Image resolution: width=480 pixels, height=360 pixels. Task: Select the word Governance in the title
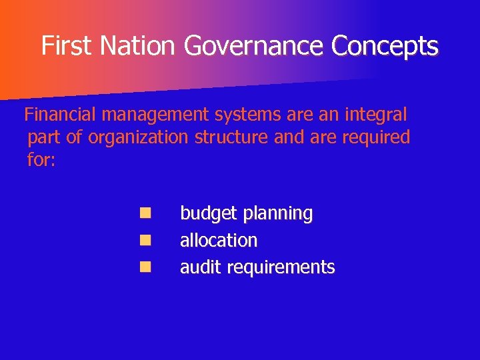pyautogui.click(x=256, y=46)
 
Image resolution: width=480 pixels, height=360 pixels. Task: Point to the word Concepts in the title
pyautogui.click(x=386, y=46)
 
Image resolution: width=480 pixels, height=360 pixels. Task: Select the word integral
pyautogui.click(x=375, y=115)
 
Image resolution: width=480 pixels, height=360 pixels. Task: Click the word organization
pyautogui.click(x=139, y=137)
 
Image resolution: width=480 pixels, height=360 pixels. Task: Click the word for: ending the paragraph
pyautogui.click(x=41, y=160)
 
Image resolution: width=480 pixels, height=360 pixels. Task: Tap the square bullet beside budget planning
pyautogui.click(x=145, y=213)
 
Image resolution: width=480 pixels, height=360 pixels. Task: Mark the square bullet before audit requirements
pyautogui.click(x=145, y=267)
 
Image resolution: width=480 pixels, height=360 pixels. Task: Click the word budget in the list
pyautogui.click(x=209, y=214)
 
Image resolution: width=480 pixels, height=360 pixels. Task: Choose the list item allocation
pyautogui.click(x=218, y=240)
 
